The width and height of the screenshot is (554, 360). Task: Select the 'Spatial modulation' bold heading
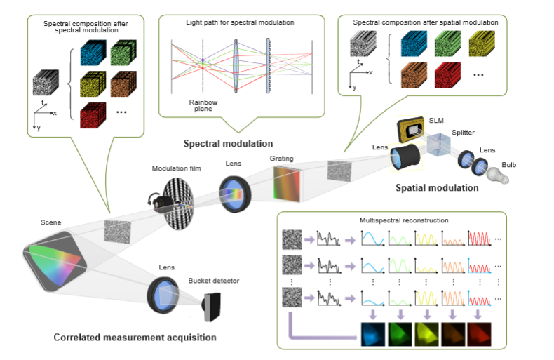[x=437, y=187]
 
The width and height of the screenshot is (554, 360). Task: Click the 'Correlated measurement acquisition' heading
[x=135, y=338]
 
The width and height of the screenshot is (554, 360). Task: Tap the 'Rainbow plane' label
[x=203, y=105]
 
